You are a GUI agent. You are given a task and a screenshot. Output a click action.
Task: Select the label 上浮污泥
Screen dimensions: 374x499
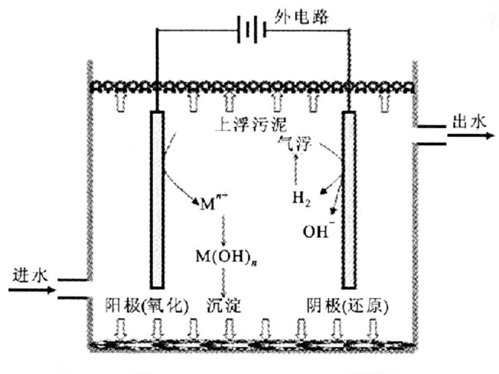(241, 123)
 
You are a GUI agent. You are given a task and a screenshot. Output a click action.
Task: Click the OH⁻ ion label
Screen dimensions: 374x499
(317, 230)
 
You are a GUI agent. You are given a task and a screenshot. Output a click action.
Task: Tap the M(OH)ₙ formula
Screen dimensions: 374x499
(218, 256)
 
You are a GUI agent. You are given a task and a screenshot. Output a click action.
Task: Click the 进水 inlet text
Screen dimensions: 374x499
(29, 275)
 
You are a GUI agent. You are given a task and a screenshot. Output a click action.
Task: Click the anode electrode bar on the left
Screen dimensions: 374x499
(157, 199)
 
